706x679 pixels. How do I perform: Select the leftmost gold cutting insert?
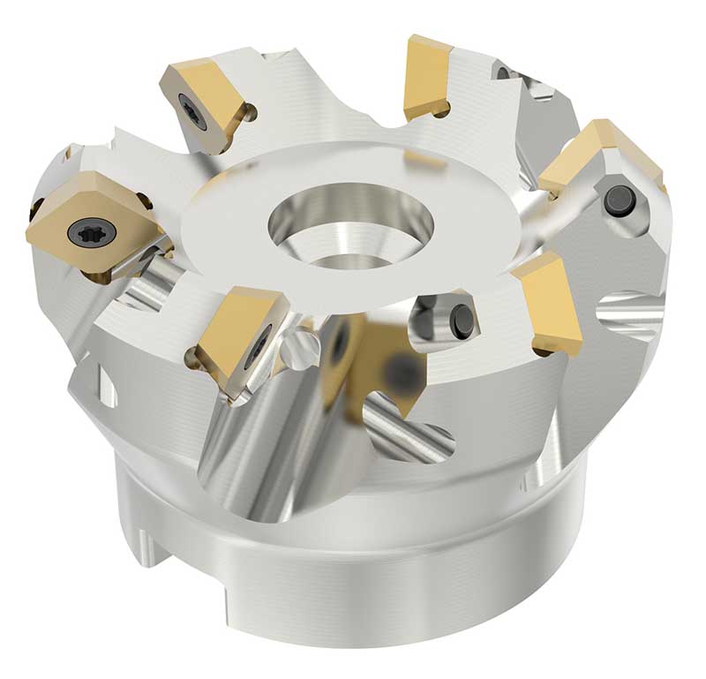[88, 221]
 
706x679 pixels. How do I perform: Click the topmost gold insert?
[428, 75]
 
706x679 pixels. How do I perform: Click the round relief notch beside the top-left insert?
[251, 113]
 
